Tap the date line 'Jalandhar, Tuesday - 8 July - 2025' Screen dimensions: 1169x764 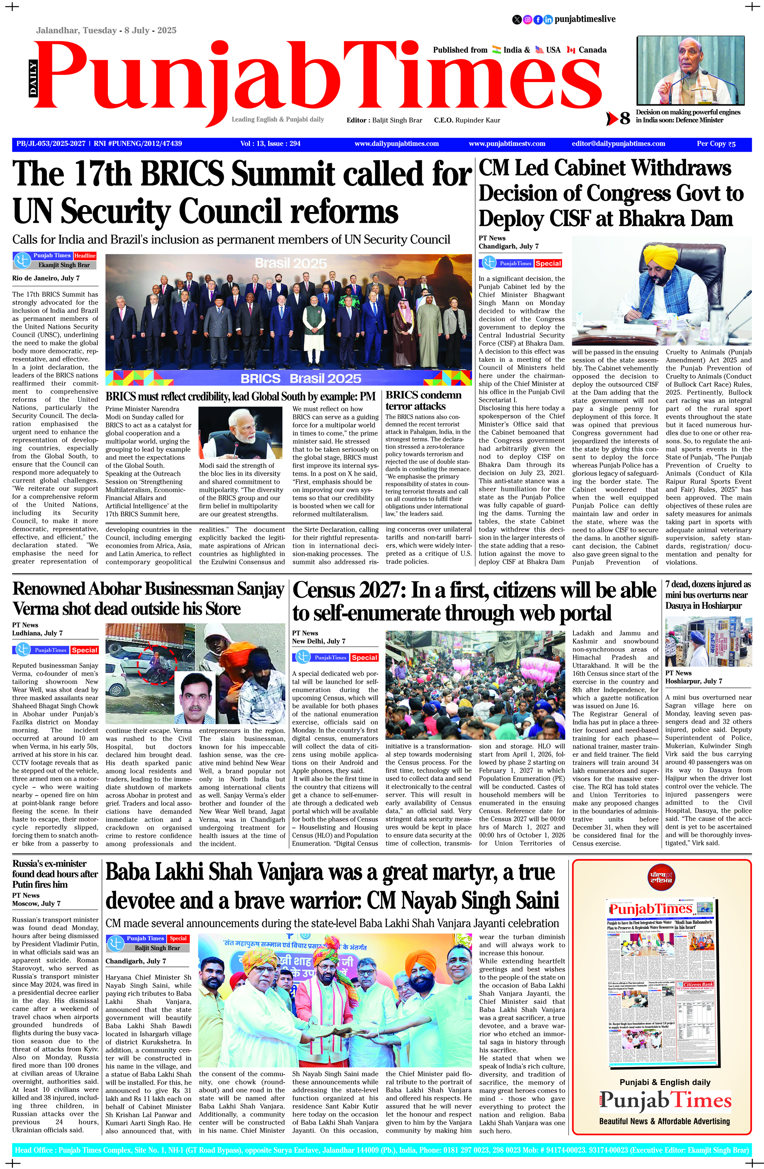(x=106, y=31)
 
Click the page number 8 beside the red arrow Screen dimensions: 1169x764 (x=625, y=118)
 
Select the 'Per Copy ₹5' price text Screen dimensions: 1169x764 (x=716, y=144)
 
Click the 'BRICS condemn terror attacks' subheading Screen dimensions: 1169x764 (x=423, y=400)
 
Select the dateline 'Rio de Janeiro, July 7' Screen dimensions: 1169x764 (x=46, y=278)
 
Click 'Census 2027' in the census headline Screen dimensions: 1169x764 (x=346, y=590)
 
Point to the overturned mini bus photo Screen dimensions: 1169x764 (x=707, y=642)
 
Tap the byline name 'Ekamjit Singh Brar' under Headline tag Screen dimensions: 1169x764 (x=64, y=265)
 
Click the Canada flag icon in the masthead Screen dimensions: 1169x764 (x=571, y=50)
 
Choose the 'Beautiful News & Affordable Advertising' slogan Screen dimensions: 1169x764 (x=664, y=1121)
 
